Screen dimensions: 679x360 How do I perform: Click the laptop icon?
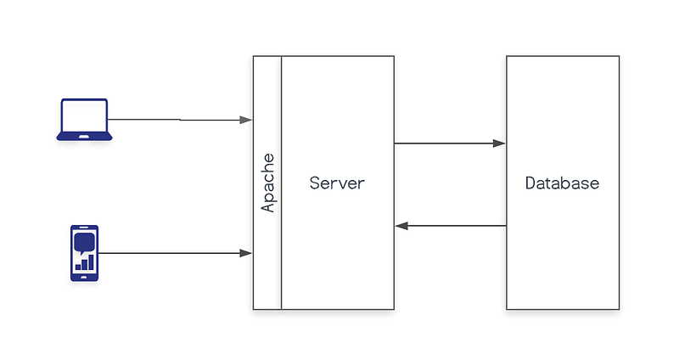pos(84,120)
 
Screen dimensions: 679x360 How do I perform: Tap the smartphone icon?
pos(84,253)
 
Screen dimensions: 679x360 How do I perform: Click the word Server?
pos(337,183)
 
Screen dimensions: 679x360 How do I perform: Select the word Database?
pos(562,183)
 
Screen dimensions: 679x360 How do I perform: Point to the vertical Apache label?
pos(267,183)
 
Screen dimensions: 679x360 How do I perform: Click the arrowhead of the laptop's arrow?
pos(246,120)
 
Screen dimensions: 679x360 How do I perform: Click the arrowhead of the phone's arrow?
pos(246,253)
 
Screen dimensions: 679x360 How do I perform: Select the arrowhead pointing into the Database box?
pos(499,143)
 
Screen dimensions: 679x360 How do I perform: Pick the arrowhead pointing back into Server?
pos(401,226)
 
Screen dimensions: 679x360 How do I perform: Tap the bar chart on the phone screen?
pos(85,262)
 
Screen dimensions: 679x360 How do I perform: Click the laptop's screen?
pos(84,115)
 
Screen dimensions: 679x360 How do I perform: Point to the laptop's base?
pos(84,137)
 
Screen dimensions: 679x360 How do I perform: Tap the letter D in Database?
pos(530,183)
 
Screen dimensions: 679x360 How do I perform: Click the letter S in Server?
pos(314,183)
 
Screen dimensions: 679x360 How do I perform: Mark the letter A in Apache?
pos(268,206)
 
